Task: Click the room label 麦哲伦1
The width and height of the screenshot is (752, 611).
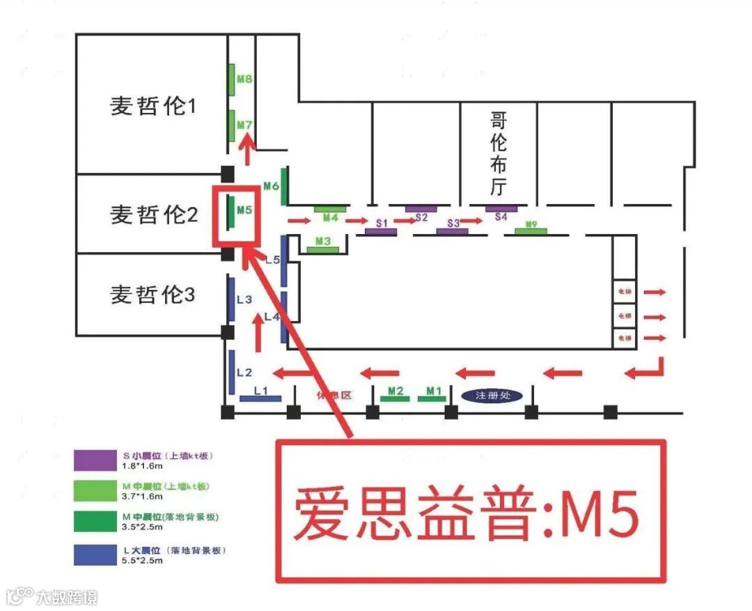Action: tap(154, 106)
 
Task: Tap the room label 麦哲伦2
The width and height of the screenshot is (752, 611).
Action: tap(154, 215)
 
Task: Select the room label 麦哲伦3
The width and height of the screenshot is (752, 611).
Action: tap(154, 295)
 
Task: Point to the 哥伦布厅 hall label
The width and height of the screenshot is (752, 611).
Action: tap(499, 153)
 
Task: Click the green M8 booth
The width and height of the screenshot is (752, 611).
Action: tap(231, 79)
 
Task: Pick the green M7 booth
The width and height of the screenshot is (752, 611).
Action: tap(231, 125)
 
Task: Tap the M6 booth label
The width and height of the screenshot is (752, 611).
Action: tap(271, 186)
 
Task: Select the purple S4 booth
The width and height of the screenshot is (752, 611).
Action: tap(501, 208)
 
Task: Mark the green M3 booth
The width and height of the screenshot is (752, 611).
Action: tap(322, 249)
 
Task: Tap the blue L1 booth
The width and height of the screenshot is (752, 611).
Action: tap(260, 399)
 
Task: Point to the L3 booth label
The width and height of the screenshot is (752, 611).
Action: tap(244, 300)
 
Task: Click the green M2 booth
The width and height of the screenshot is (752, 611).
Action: tap(395, 399)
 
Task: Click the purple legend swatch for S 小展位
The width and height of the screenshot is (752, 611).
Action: tap(94, 461)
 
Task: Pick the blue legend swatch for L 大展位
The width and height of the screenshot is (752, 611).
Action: tap(94, 555)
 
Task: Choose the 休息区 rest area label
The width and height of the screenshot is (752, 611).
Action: tap(334, 395)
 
